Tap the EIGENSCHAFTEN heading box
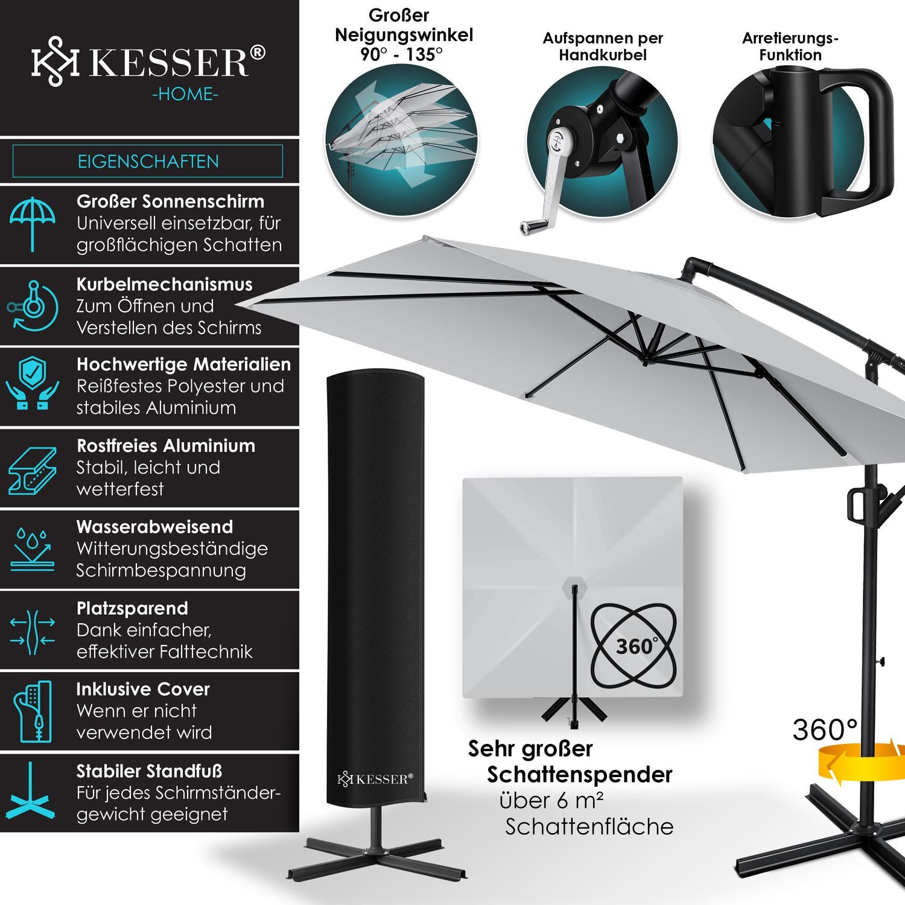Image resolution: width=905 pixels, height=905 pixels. (148, 161)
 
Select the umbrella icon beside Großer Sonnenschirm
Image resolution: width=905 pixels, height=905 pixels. (33, 223)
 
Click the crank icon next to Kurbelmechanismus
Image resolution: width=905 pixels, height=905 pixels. (33, 306)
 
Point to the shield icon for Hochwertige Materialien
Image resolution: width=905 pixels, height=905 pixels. (33, 386)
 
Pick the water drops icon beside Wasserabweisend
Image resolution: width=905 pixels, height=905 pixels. (33, 549)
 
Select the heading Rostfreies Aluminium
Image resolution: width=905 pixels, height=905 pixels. (166, 446)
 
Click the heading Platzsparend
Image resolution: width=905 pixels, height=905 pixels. (132, 608)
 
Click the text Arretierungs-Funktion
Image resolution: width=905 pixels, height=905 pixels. (790, 46)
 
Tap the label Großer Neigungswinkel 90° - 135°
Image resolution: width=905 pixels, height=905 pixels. (404, 34)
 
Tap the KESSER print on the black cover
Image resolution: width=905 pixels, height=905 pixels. (375, 779)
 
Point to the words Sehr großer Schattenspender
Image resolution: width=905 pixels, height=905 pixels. (570, 761)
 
